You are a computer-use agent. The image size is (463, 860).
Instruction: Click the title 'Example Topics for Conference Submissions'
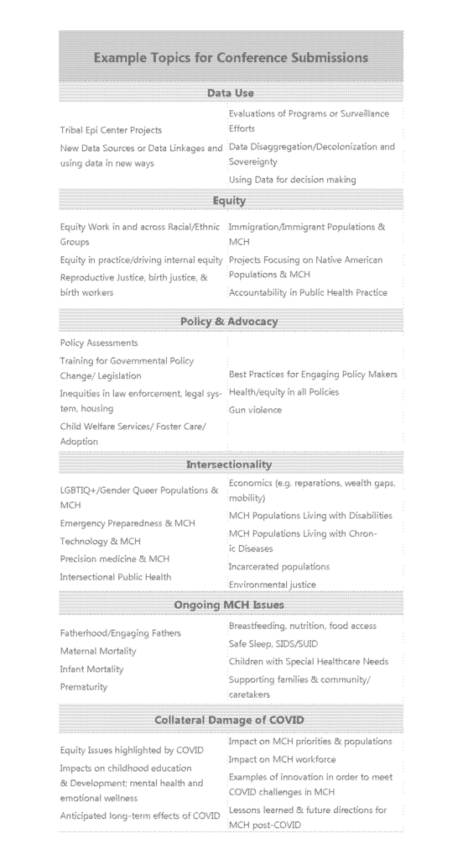point(231,58)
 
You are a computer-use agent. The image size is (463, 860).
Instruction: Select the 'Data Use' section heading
point(231,93)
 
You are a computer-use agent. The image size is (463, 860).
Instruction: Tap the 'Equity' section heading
point(231,201)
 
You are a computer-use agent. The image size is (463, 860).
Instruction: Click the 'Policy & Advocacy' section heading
point(231,322)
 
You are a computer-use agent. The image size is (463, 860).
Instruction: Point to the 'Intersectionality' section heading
point(231,464)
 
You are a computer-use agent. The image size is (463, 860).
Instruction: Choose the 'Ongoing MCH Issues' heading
point(231,605)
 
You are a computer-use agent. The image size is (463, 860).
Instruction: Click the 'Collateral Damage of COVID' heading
point(231,720)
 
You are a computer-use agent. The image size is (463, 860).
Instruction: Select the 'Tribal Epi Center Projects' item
point(111,130)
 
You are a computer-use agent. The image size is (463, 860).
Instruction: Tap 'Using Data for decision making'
point(292,180)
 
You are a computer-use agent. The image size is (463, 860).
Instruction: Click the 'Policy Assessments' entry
point(99,343)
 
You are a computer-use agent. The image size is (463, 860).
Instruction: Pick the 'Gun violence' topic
point(255,410)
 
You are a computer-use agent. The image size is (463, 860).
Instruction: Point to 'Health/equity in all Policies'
point(284,392)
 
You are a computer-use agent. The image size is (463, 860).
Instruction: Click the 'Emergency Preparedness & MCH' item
point(127,523)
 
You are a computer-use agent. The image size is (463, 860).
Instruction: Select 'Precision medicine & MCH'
point(115,558)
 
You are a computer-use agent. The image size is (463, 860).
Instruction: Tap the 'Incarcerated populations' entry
point(279,567)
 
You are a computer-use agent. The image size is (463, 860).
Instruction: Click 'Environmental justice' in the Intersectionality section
point(273,585)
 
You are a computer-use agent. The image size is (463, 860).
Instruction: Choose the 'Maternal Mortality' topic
point(98,651)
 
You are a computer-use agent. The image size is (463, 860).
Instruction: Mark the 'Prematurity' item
point(84,686)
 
